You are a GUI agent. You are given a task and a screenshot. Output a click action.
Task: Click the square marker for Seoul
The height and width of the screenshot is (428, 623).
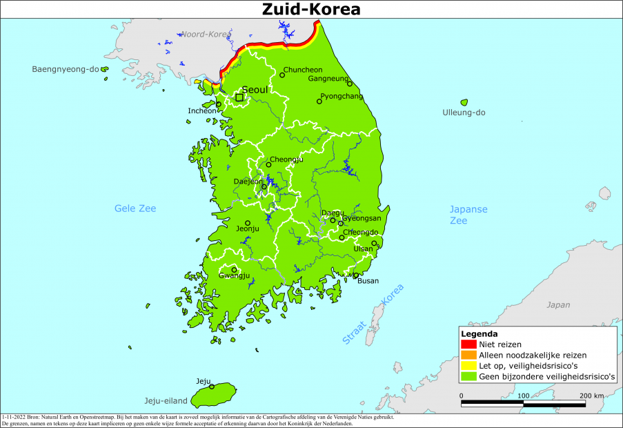coord(239,97)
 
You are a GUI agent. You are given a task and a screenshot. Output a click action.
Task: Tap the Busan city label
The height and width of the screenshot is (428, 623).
coord(368,281)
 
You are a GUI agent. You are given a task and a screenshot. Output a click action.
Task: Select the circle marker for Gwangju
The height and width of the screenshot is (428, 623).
coord(234,270)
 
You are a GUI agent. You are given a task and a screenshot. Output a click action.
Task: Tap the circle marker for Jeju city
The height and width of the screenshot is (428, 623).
coord(212,387)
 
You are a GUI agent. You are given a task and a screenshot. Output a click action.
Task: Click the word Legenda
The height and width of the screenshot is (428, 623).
coord(479,334)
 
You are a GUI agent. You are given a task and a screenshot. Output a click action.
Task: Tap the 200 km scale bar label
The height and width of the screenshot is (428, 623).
coord(591,396)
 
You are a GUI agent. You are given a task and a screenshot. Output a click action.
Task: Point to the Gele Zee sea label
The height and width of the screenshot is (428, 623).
coord(135,208)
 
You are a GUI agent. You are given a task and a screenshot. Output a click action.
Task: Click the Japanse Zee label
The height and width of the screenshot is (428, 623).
coord(468,215)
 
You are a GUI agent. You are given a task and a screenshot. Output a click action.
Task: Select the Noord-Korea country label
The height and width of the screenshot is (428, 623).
coord(205,34)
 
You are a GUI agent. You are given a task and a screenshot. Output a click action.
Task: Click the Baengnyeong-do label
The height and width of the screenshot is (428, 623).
coord(66,69)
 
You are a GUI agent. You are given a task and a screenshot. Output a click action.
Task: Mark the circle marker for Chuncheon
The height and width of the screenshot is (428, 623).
coord(281,75)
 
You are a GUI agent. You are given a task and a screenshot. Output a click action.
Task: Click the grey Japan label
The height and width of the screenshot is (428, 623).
coord(558,304)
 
